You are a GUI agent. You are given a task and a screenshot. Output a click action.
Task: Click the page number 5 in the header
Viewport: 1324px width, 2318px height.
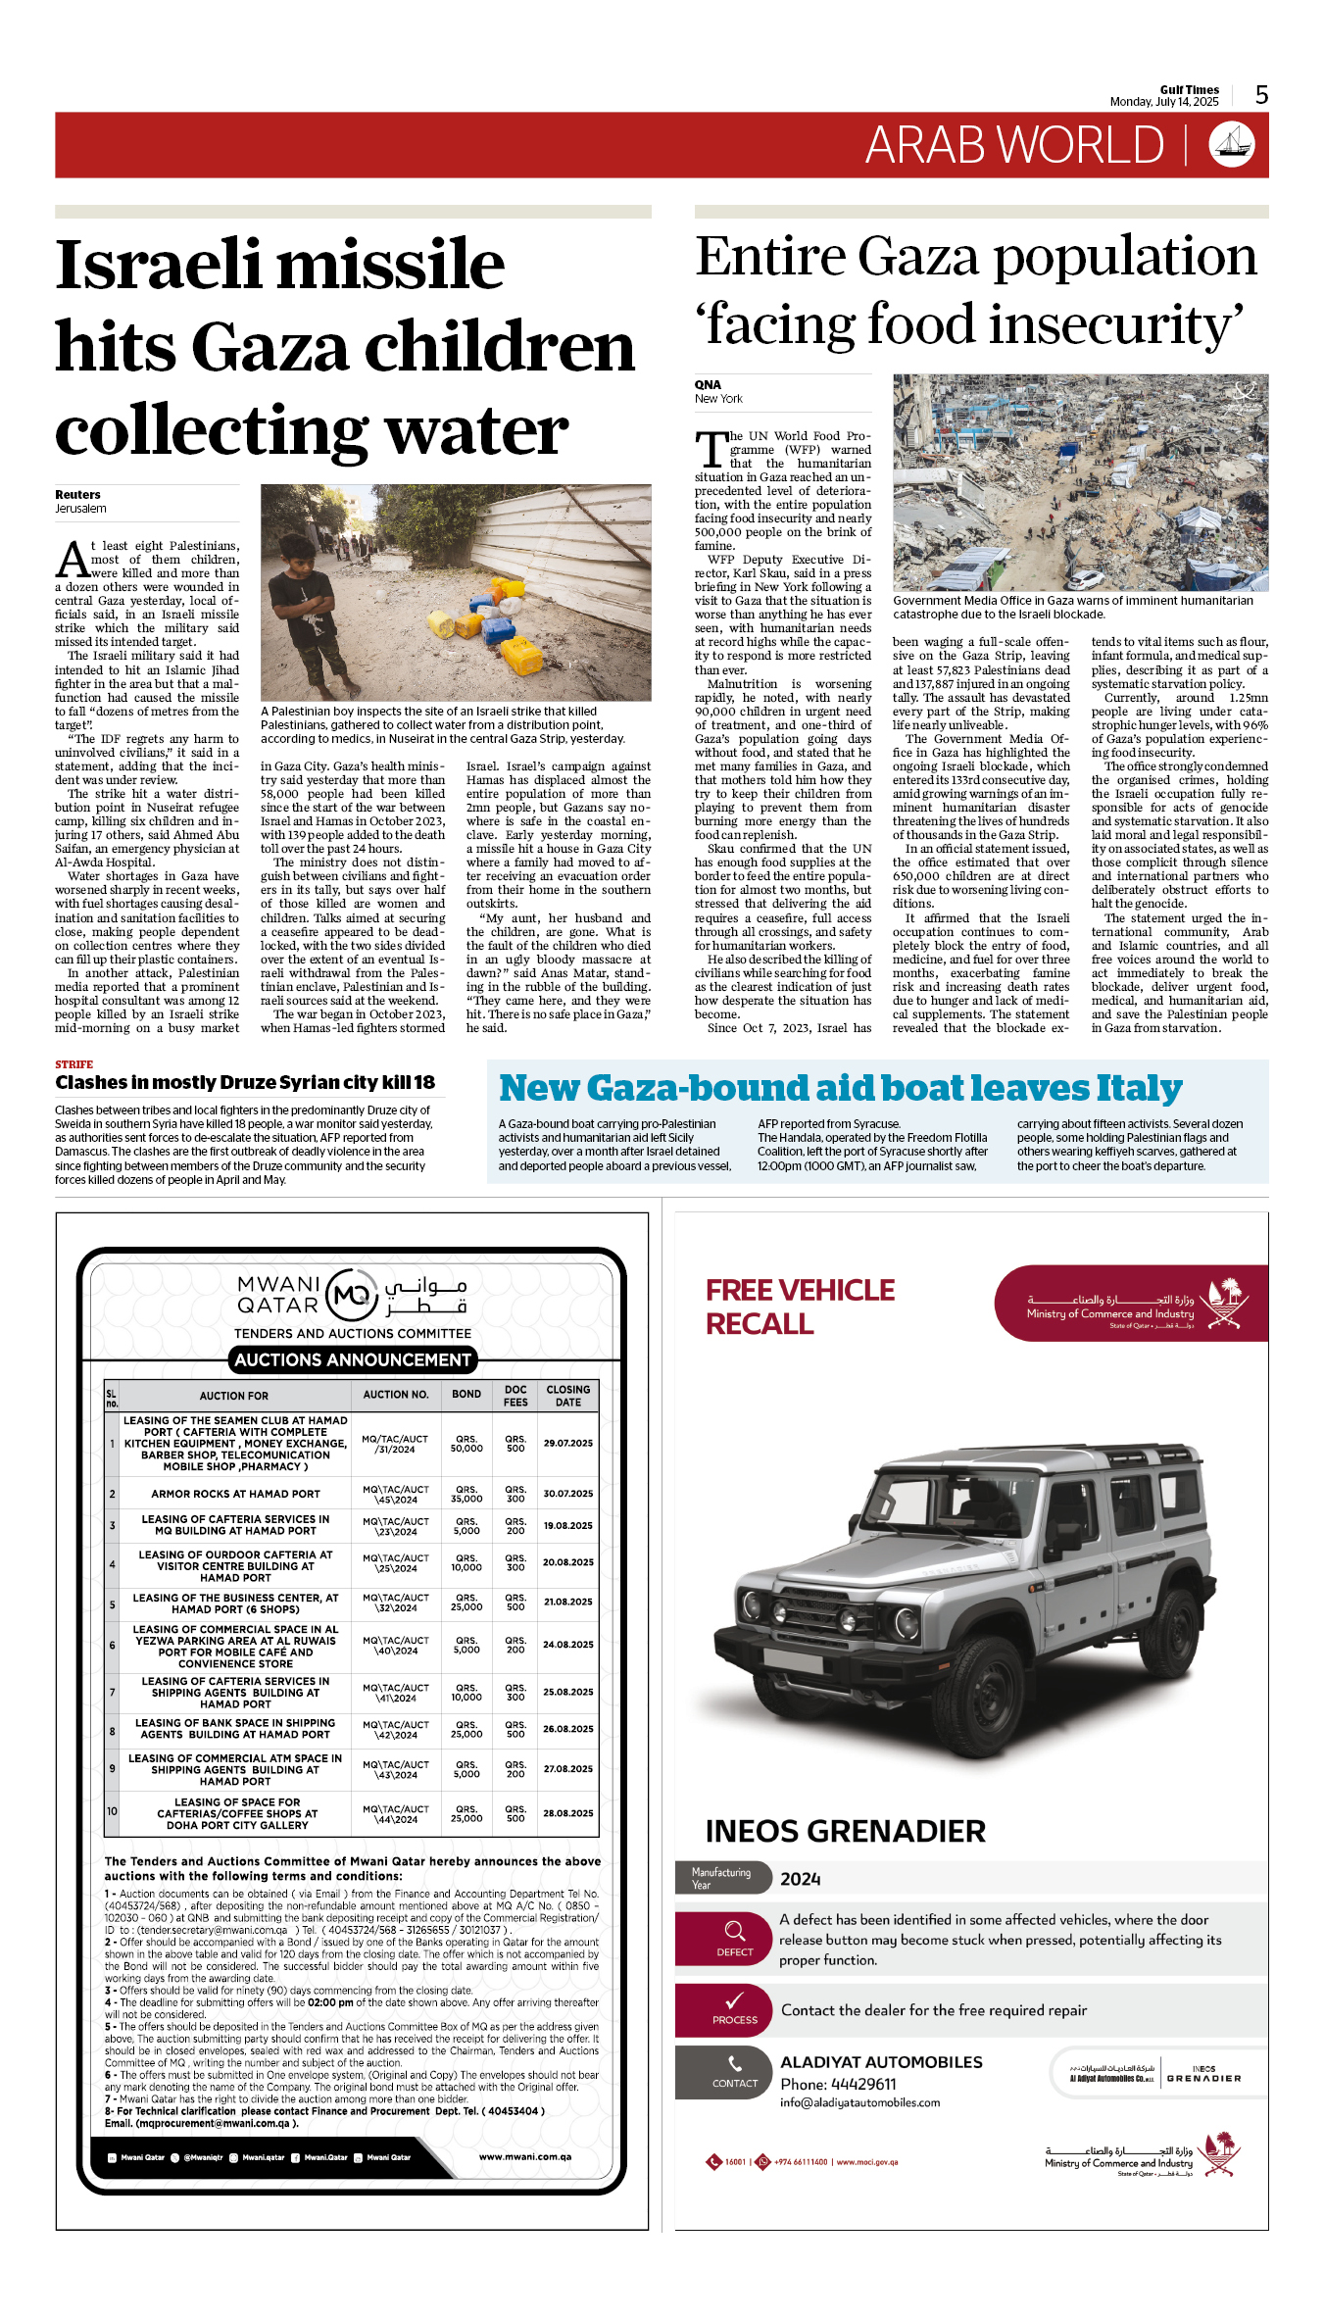(x=1261, y=95)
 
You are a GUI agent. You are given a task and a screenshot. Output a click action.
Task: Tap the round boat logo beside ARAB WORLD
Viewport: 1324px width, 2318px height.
(x=1232, y=145)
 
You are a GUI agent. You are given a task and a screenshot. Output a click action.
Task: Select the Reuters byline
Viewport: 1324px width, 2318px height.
(x=77, y=495)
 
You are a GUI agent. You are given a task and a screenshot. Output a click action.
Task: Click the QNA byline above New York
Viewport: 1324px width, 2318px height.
(x=708, y=385)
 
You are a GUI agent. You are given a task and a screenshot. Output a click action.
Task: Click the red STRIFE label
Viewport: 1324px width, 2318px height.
(x=74, y=1064)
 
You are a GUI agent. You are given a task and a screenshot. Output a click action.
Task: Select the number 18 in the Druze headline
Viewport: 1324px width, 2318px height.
(x=423, y=1083)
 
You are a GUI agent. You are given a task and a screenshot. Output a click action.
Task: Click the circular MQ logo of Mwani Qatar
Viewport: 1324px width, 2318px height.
(x=351, y=1296)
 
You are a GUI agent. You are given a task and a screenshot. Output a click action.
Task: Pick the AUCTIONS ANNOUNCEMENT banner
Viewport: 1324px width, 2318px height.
(x=353, y=1360)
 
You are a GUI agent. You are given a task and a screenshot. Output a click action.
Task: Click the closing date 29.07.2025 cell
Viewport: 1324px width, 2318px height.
(x=568, y=1444)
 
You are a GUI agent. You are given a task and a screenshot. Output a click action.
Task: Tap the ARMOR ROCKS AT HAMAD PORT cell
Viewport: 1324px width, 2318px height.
(x=235, y=1495)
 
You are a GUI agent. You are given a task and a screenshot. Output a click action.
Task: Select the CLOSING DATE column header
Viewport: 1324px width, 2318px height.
(x=568, y=1396)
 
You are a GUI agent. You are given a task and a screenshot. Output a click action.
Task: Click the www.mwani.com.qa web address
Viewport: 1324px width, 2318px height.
(x=524, y=2157)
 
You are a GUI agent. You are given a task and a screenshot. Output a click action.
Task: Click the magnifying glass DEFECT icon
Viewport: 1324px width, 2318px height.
(x=734, y=1931)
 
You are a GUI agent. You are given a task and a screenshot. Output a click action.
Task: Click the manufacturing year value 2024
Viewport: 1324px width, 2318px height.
(x=800, y=1879)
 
